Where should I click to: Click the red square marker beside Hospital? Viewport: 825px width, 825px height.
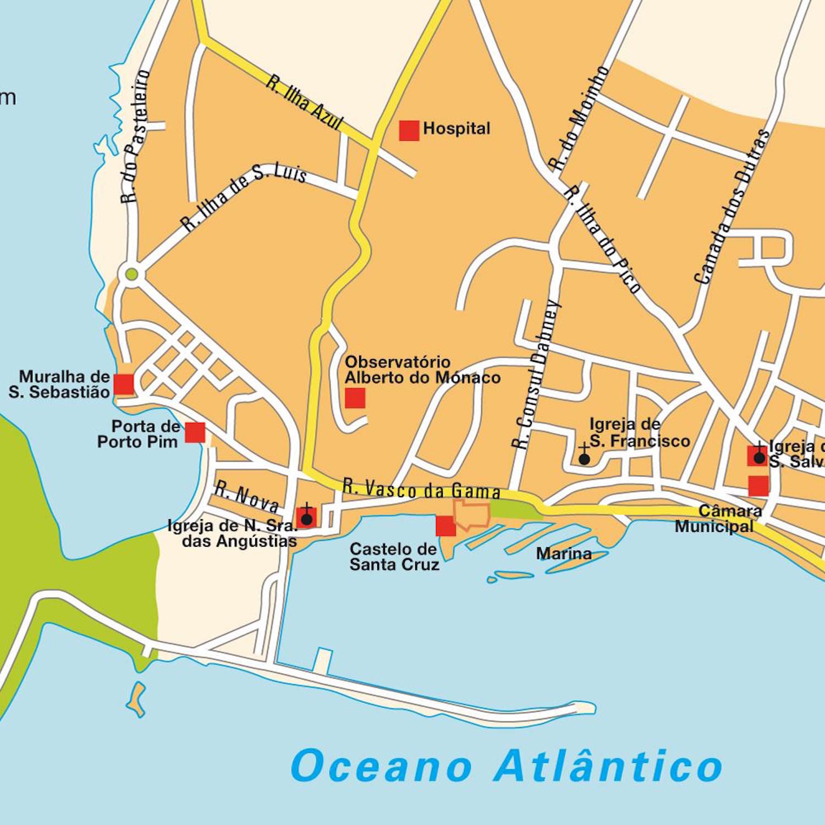click(409, 130)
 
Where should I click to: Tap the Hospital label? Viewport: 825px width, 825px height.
click(457, 129)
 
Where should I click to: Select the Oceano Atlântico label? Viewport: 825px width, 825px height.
click(506, 766)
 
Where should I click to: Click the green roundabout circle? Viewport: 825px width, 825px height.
click(131, 274)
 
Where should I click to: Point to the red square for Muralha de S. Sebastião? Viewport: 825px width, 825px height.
click(124, 384)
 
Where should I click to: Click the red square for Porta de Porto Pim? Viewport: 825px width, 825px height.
click(195, 433)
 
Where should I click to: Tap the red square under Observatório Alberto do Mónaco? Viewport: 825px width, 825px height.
click(355, 398)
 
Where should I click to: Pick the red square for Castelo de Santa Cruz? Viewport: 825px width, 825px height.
click(446, 526)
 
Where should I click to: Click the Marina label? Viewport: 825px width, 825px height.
click(564, 553)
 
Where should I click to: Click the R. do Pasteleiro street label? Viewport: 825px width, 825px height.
click(135, 136)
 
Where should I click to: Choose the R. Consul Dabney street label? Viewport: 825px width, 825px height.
click(536, 374)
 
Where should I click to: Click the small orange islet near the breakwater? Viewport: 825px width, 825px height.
click(136, 698)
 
